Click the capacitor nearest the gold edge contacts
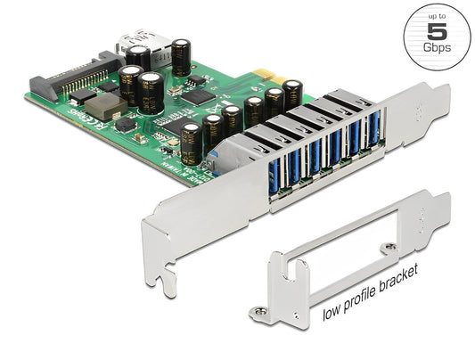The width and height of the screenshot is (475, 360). (253, 106)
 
